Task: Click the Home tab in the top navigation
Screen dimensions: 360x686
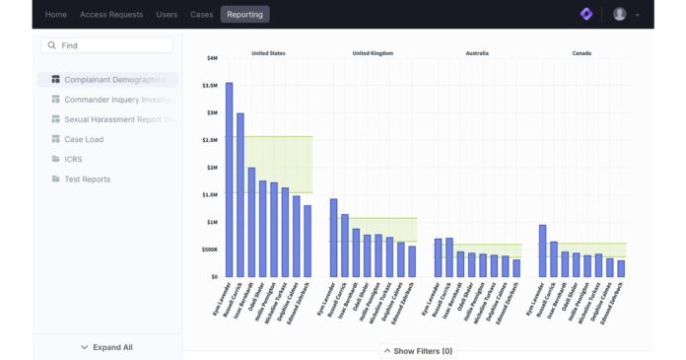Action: click(56, 15)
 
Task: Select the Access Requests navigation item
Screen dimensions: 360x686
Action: click(111, 15)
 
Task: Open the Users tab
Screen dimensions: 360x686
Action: click(167, 15)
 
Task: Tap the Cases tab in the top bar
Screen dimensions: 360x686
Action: click(202, 15)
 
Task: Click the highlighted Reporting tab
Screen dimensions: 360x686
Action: click(244, 15)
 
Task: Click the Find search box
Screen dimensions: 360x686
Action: click(106, 45)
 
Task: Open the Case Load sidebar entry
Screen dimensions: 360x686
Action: click(84, 139)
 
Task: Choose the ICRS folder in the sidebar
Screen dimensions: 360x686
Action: click(75, 159)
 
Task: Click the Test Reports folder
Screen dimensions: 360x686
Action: click(87, 179)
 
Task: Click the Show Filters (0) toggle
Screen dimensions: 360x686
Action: click(417, 351)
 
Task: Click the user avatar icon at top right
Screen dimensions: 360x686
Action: click(619, 14)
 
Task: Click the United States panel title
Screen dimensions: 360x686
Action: click(268, 53)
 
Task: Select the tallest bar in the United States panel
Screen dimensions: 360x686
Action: click(230, 180)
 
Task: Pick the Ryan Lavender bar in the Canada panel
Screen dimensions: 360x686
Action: click(542, 251)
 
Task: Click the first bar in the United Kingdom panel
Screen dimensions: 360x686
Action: click(334, 238)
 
